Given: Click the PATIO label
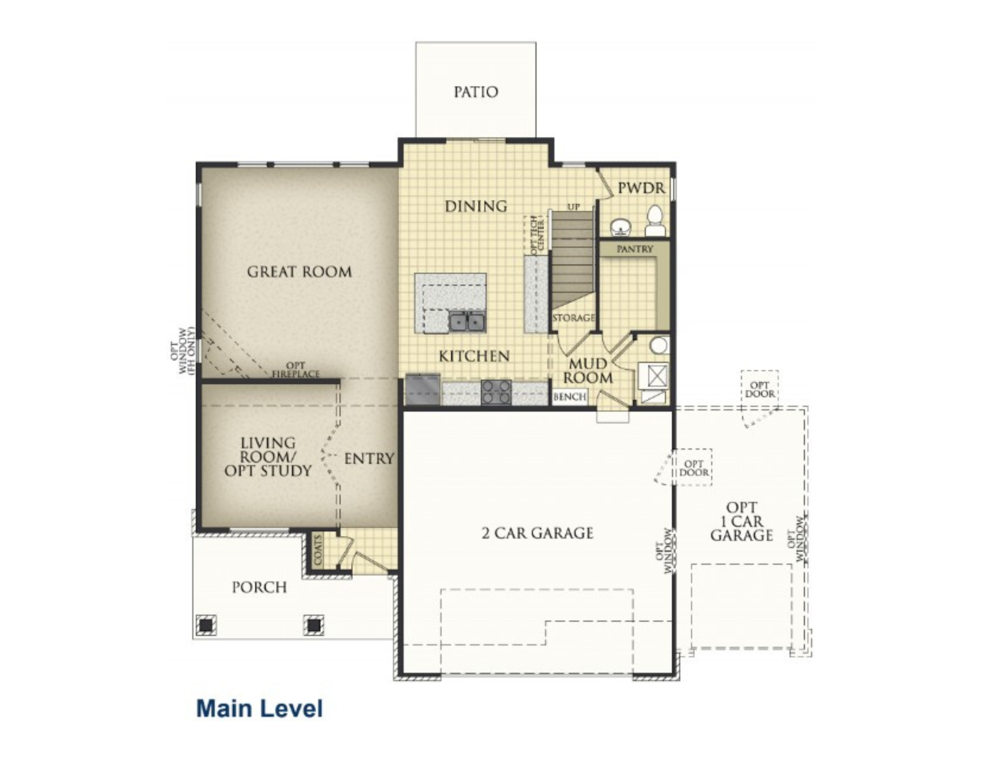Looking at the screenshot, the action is point(476,92).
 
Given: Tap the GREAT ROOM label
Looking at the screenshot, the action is point(299,272).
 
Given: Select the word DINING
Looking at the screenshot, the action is point(476,206).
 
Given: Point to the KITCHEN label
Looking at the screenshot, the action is point(474,356).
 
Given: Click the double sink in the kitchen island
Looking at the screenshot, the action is point(467,322).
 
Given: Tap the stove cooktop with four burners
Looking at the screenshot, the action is point(496,393).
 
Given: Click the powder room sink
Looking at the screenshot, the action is point(621,227).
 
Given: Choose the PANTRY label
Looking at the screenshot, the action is point(635,249).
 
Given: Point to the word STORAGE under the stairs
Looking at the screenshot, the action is point(574,318).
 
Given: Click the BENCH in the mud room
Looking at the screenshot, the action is point(570,396).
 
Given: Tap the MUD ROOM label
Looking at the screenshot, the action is point(588,371).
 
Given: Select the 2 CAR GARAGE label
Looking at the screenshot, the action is point(538,533).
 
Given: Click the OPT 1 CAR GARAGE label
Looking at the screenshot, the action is point(742,521).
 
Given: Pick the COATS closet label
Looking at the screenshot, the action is point(318,550).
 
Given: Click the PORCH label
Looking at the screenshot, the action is point(260,587).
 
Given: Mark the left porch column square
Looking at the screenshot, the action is point(206,625).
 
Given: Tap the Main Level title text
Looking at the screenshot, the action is point(260,708).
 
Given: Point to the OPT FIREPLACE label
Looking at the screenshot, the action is point(296,370).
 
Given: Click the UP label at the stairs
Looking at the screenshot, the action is point(574,207).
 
